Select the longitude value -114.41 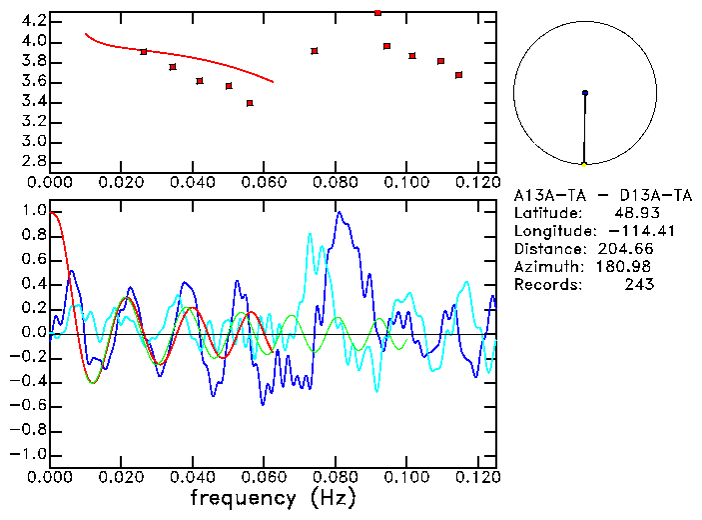[x=628, y=231]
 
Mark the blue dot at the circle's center [x=585, y=93]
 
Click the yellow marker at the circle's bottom [x=584, y=164]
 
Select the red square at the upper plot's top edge [x=377, y=13]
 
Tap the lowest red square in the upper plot [x=250, y=103]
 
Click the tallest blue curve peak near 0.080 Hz [x=340, y=212]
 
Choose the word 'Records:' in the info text [x=547, y=285]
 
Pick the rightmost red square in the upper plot [x=459, y=75]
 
